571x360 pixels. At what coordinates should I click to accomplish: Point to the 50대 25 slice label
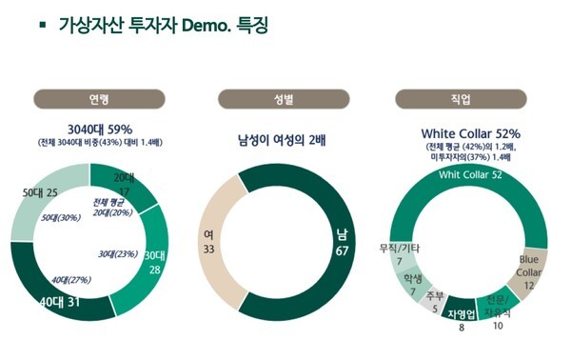[x=40, y=194]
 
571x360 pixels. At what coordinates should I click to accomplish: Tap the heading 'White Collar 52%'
[x=470, y=134]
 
